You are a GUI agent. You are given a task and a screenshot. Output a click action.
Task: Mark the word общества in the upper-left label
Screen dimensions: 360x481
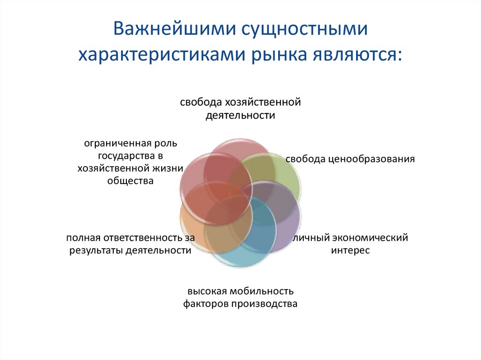130,181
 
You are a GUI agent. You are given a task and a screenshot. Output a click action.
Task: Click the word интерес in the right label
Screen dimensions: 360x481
350,250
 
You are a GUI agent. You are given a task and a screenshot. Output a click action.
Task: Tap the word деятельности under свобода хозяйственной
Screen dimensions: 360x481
240,115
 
